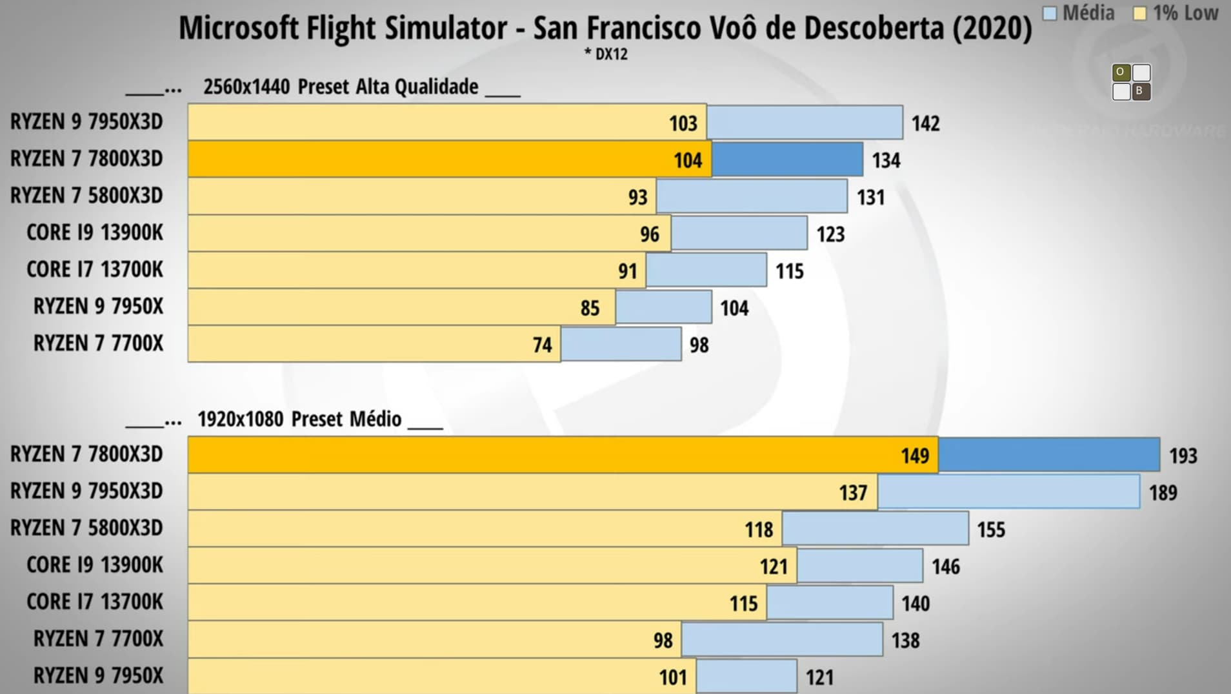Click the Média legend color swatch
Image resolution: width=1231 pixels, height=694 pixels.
1050,14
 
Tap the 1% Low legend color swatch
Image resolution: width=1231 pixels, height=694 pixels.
1140,14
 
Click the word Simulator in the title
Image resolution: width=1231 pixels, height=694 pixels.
446,28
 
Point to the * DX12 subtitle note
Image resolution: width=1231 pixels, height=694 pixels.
606,54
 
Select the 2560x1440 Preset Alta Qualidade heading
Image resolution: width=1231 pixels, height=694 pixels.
341,87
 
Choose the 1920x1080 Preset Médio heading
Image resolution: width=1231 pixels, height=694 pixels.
299,419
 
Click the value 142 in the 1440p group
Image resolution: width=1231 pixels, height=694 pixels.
925,123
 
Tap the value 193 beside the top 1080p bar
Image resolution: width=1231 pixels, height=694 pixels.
1183,456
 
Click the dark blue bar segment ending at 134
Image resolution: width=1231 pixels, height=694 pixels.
787,159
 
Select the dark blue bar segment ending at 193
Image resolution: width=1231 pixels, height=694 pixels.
1049,455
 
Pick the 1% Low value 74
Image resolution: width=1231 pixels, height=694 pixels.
542,345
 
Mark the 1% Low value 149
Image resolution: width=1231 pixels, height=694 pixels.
915,456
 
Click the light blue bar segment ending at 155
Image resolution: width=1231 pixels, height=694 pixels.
875,529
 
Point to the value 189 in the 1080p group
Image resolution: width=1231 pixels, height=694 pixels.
1163,493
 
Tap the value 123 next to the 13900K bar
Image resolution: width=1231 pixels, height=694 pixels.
830,234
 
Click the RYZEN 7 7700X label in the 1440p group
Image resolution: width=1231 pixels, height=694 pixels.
98,343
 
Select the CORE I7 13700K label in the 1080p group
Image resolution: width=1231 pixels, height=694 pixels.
95,602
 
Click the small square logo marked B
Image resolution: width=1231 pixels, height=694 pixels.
1140,91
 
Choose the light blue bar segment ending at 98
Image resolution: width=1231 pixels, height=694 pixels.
621,344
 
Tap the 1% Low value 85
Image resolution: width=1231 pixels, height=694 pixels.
590,309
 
